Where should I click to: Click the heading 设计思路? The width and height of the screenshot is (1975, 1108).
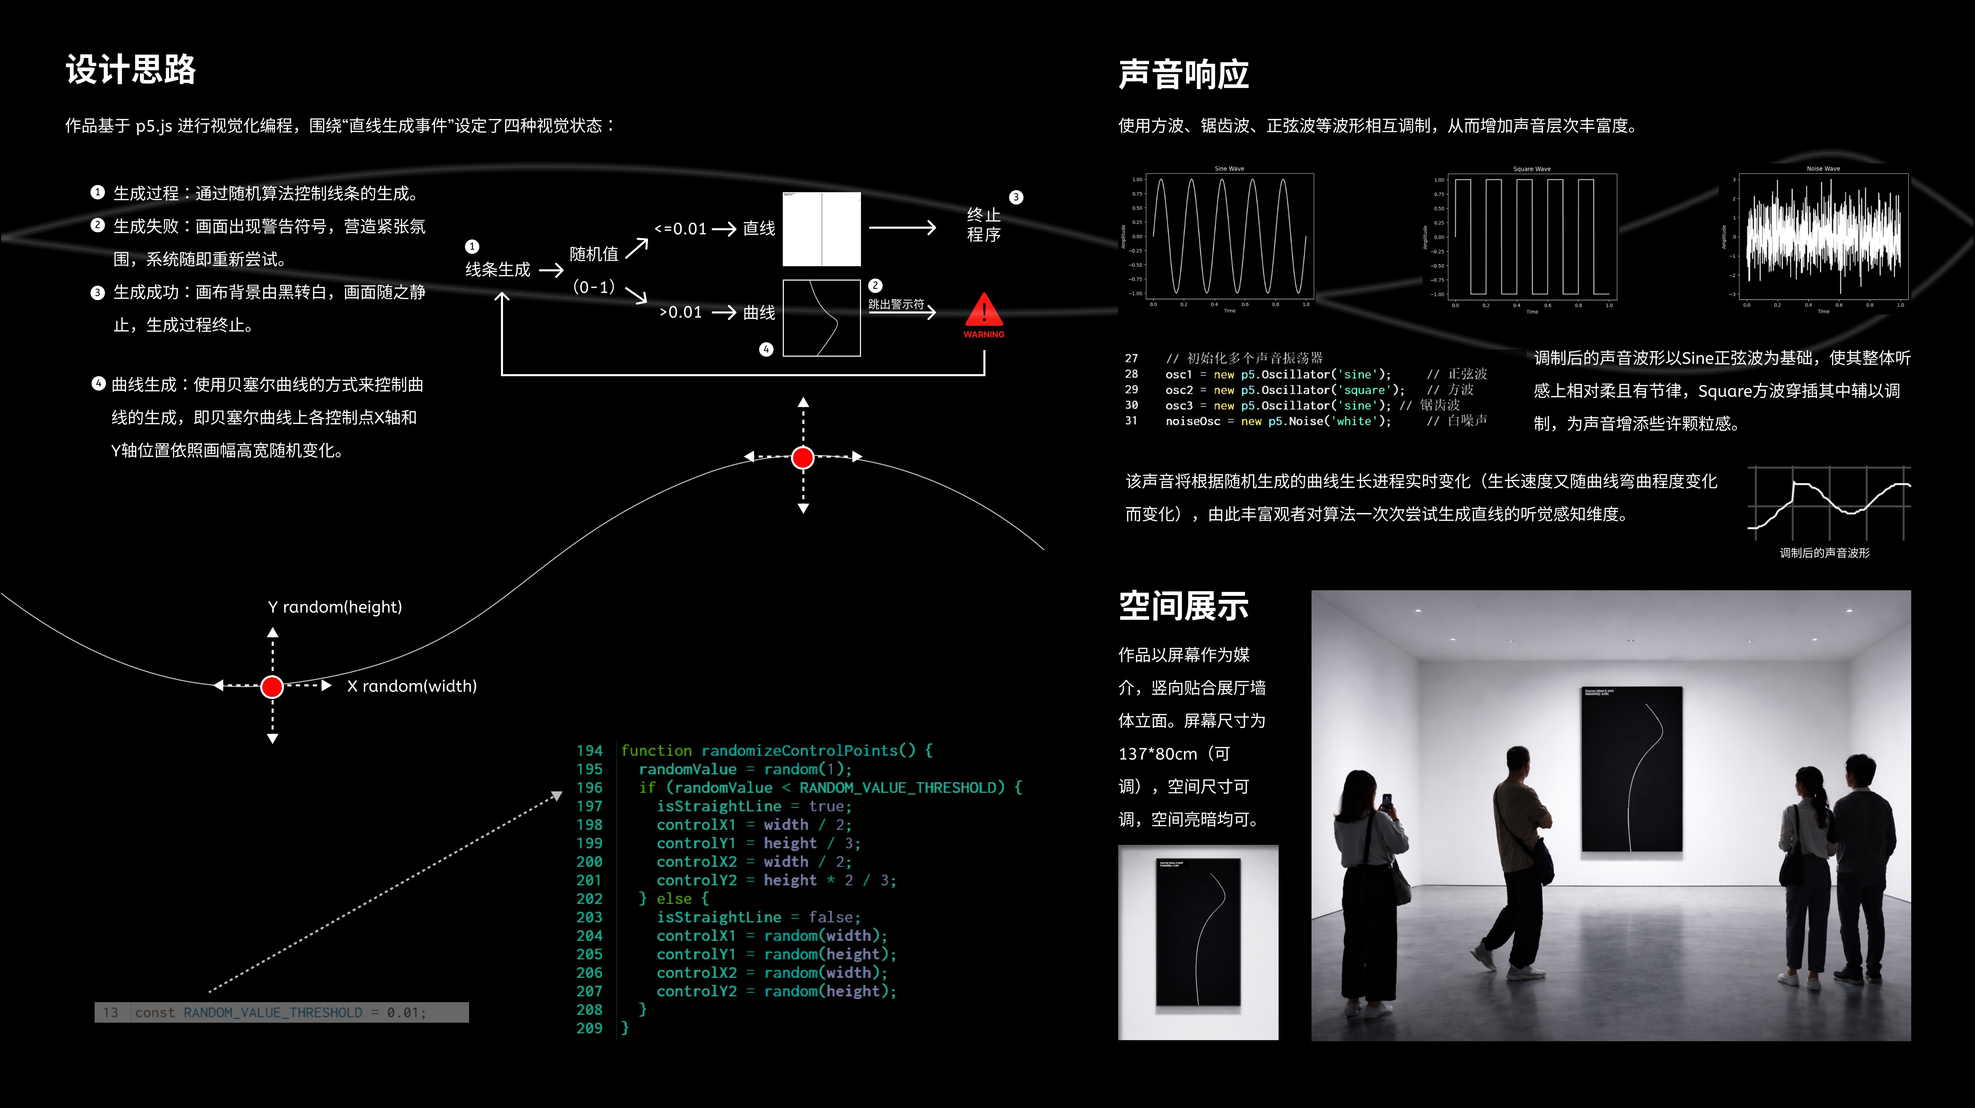coord(130,70)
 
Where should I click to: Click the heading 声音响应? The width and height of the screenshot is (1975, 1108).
coord(1183,74)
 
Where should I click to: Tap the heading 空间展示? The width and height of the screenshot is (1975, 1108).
coord(1183,606)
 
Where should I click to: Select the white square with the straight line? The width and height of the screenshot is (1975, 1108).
coord(821,228)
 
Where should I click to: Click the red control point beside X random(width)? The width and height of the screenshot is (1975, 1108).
coord(272,687)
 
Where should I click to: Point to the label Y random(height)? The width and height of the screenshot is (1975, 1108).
coord(335,607)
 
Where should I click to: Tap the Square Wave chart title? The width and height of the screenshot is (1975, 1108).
coord(1531,169)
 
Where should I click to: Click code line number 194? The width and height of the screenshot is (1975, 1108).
coord(590,751)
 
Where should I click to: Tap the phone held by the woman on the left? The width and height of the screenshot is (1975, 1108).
coord(1386,801)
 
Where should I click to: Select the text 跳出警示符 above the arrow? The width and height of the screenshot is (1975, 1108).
coord(896,304)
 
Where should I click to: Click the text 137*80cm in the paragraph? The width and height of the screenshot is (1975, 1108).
coord(1158,754)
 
